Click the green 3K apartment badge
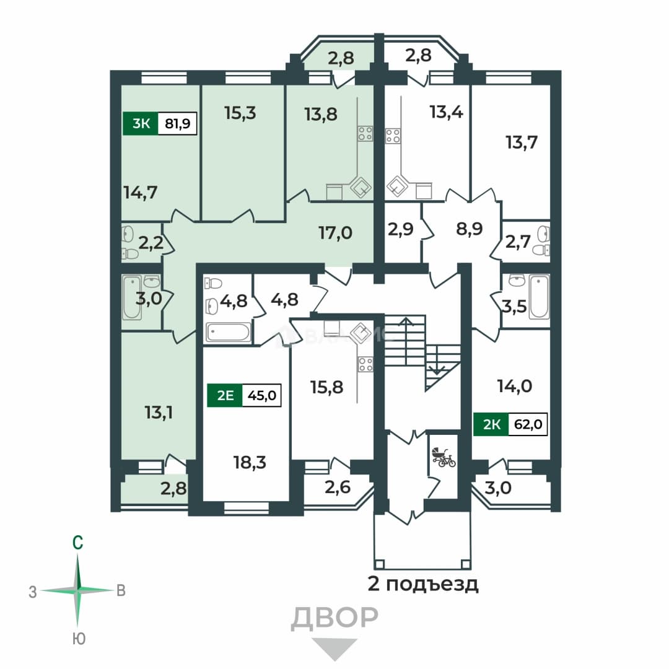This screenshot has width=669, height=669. pyautogui.click(x=141, y=123)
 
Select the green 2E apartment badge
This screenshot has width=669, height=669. pyautogui.click(x=225, y=395)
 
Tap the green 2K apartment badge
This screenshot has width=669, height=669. pyautogui.click(x=491, y=424)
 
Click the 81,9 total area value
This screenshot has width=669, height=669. pyautogui.click(x=178, y=124)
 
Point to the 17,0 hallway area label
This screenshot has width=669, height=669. pyautogui.click(x=335, y=233)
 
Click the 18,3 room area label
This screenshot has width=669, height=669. pyautogui.click(x=250, y=462)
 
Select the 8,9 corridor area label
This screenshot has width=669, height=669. pyautogui.click(x=470, y=229)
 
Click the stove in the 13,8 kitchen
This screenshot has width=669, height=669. pyautogui.click(x=365, y=133)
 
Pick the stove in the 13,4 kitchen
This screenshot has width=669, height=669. pyautogui.click(x=393, y=136)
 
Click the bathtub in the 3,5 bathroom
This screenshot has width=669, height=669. pyautogui.click(x=540, y=297)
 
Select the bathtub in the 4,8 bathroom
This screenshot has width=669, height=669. pyautogui.click(x=228, y=333)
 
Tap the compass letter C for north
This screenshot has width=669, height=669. pyautogui.click(x=77, y=543)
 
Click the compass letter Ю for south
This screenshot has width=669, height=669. pyautogui.click(x=79, y=639)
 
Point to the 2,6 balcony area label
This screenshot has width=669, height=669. pyautogui.click(x=338, y=487)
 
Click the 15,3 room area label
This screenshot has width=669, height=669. pyautogui.click(x=240, y=113)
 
